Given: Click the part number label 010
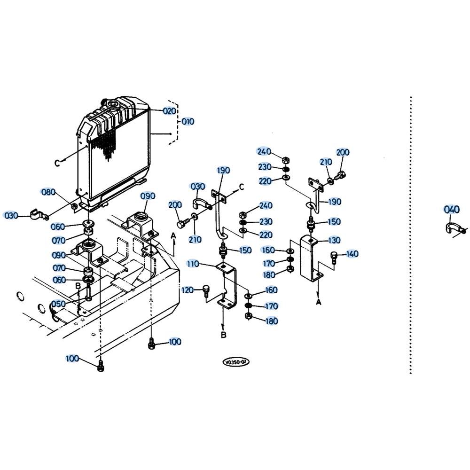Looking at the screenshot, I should (188, 122).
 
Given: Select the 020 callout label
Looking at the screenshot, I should (169, 111).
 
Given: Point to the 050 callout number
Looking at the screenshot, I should (58, 304).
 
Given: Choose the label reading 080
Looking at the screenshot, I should (48, 192).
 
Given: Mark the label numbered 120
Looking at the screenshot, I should (188, 290).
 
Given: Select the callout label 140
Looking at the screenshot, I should (352, 254).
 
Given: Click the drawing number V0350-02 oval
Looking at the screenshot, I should (236, 362).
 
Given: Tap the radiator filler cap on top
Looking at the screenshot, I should (111, 103).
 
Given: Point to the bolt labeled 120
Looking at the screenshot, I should (205, 291).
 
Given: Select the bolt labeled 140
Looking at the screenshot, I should (335, 257).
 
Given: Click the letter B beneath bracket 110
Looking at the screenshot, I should (224, 335).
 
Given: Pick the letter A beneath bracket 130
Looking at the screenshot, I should (318, 302).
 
